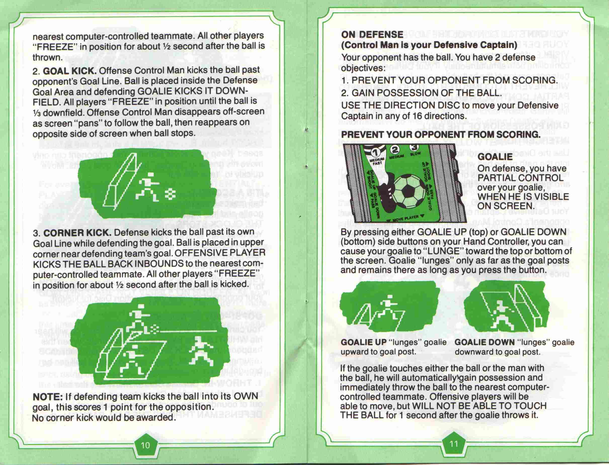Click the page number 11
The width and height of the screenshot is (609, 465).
pos(454,444)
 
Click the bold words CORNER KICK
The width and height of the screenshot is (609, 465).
pos(77,233)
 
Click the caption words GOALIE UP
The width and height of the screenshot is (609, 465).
pos(363,342)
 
